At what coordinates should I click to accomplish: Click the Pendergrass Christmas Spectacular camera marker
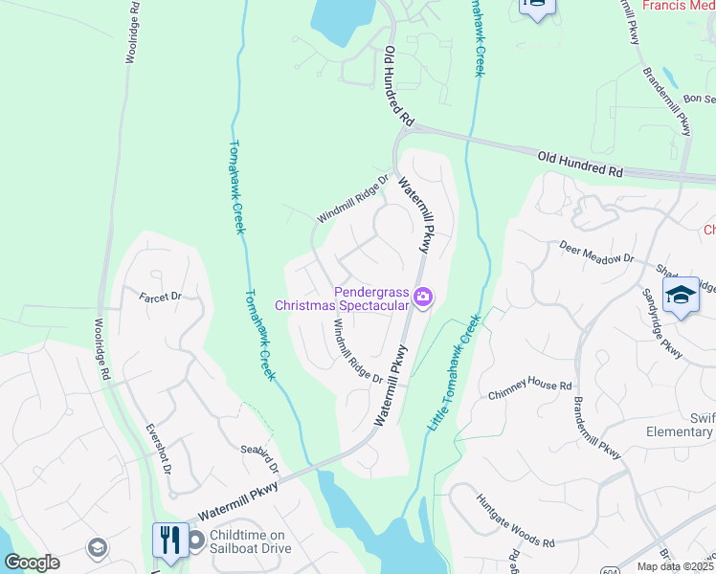click(x=423, y=299)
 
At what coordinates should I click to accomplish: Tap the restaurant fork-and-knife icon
click(x=170, y=540)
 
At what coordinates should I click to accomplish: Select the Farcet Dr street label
click(x=160, y=297)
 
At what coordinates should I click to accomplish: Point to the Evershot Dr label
click(x=158, y=450)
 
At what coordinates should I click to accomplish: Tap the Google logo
click(x=32, y=563)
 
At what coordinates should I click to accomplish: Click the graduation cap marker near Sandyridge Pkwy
click(x=681, y=296)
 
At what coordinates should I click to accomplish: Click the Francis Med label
click(x=679, y=6)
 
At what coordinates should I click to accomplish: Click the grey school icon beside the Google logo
click(x=96, y=547)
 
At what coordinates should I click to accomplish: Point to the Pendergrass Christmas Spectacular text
click(x=343, y=298)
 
